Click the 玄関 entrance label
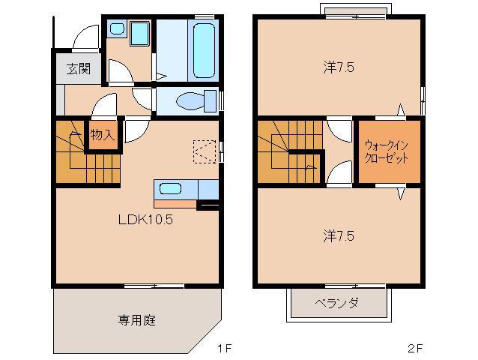[x=79, y=69]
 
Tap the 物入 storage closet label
[x=103, y=134]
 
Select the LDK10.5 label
[x=145, y=219]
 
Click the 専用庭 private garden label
[x=137, y=320]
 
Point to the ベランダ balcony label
[x=336, y=303]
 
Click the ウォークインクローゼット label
[x=387, y=151]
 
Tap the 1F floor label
[x=225, y=348]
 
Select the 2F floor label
[x=415, y=348]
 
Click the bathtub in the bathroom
[x=204, y=50]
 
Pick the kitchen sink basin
[x=170, y=189]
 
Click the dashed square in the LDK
[x=205, y=151]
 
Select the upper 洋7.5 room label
[x=339, y=67]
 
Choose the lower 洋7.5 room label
[x=339, y=236]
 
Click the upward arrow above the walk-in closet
[x=401, y=109]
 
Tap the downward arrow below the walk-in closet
[x=401, y=193]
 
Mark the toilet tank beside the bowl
[x=211, y=101]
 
